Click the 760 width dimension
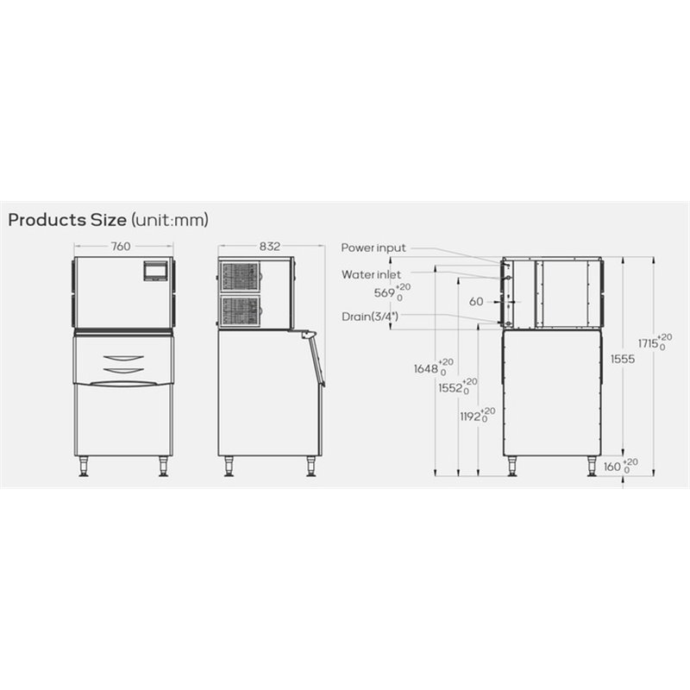point(121,247)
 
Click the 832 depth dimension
point(269,247)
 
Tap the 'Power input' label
point(373,248)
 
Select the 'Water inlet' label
point(371,274)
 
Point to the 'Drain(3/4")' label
point(370,317)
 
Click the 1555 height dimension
point(623,359)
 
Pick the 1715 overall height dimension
point(649,343)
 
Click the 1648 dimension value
point(425,369)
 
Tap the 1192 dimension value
point(470,417)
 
